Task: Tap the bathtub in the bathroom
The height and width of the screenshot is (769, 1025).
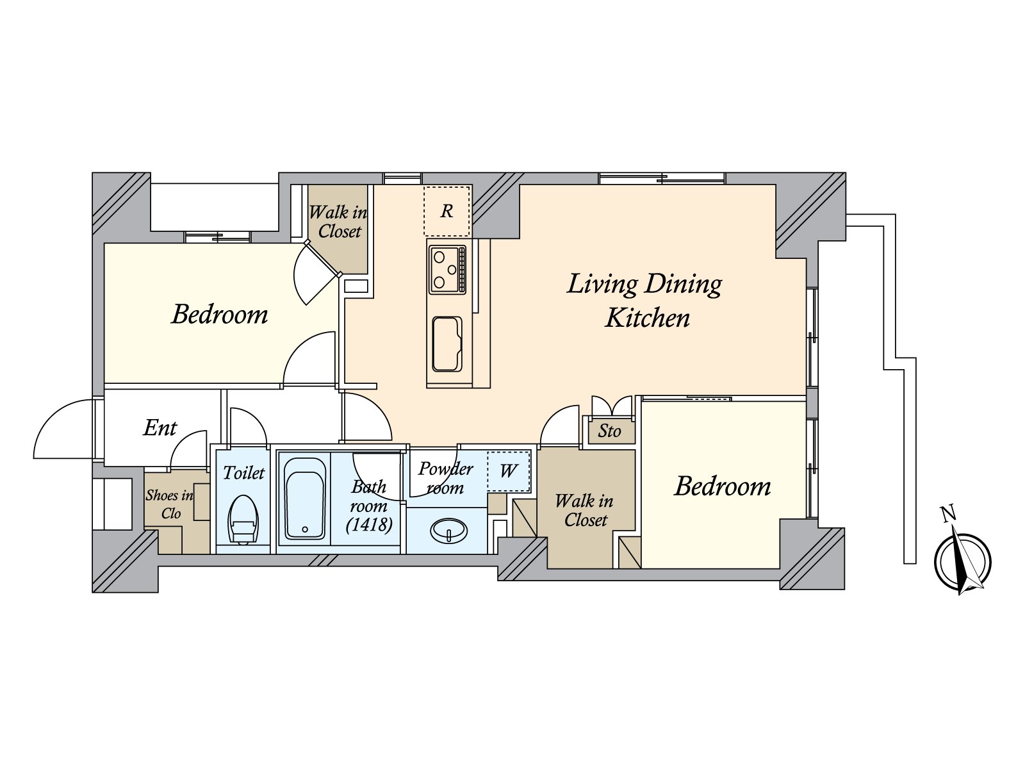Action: tap(304, 499)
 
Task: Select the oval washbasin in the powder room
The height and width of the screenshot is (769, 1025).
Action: tap(449, 530)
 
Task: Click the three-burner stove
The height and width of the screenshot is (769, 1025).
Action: tap(447, 269)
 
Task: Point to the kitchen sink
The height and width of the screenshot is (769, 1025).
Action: tap(447, 343)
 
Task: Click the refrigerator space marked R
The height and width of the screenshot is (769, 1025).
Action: tap(447, 211)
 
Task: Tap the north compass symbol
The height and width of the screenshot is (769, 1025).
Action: tap(962, 562)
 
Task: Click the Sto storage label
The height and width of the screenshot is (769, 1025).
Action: tap(609, 431)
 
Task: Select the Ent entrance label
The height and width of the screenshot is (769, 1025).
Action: tap(160, 427)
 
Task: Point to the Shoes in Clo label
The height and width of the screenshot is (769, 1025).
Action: tap(169, 504)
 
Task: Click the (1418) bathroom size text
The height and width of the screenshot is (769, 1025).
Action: tap(369, 525)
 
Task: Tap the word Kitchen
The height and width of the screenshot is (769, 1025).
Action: tap(647, 318)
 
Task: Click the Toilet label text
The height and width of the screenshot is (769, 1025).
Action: tap(243, 473)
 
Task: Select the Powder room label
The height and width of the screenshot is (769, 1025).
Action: tap(445, 478)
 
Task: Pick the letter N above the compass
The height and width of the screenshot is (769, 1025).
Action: tap(948, 514)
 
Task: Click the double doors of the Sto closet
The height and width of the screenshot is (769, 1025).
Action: tap(612, 406)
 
